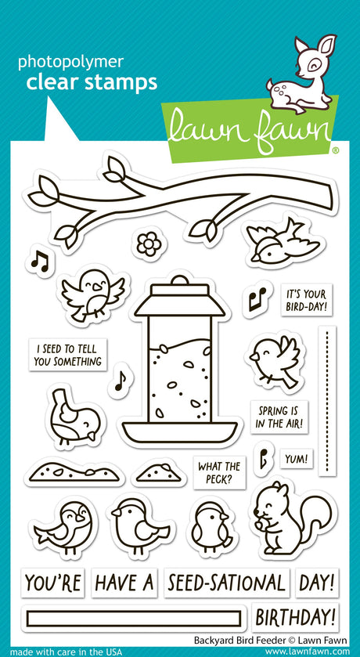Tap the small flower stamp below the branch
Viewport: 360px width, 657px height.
pos(149,244)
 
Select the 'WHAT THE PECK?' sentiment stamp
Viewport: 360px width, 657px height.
pos(219,472)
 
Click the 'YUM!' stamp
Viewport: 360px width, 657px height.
pos(297,459)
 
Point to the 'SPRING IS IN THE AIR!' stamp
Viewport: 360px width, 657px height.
pos(279,417)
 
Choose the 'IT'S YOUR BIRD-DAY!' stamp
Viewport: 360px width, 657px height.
pos(306,300)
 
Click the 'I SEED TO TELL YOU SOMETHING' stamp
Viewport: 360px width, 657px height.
pos(68,355)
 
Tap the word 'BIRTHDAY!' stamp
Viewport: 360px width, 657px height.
pos(295,617)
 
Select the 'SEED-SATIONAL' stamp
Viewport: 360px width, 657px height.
pos(226,583)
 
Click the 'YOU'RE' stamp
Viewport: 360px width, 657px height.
pos(52,583)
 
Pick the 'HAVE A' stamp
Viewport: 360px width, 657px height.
pos(124,583)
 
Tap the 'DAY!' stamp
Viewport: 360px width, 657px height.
pos(317,583)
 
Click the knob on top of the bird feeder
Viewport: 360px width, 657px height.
pos(179,280)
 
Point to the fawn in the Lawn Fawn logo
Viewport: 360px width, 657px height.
pos(301,74)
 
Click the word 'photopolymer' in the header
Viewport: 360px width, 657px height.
pos(70,62)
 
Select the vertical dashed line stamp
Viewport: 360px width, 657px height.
pos(327,401)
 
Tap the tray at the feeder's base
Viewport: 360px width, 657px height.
pos(179,432)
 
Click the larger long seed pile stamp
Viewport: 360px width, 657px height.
pos(74,471)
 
